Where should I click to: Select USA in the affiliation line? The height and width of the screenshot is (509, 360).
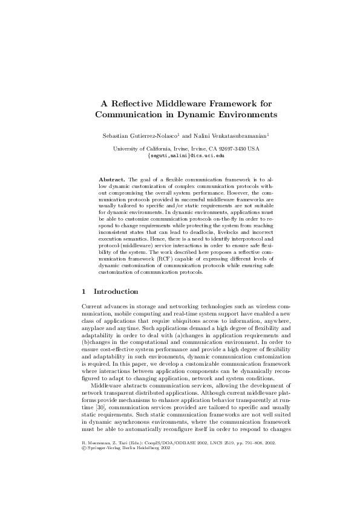click(254, 149)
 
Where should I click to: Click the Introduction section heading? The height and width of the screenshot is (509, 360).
click(116, 292)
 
